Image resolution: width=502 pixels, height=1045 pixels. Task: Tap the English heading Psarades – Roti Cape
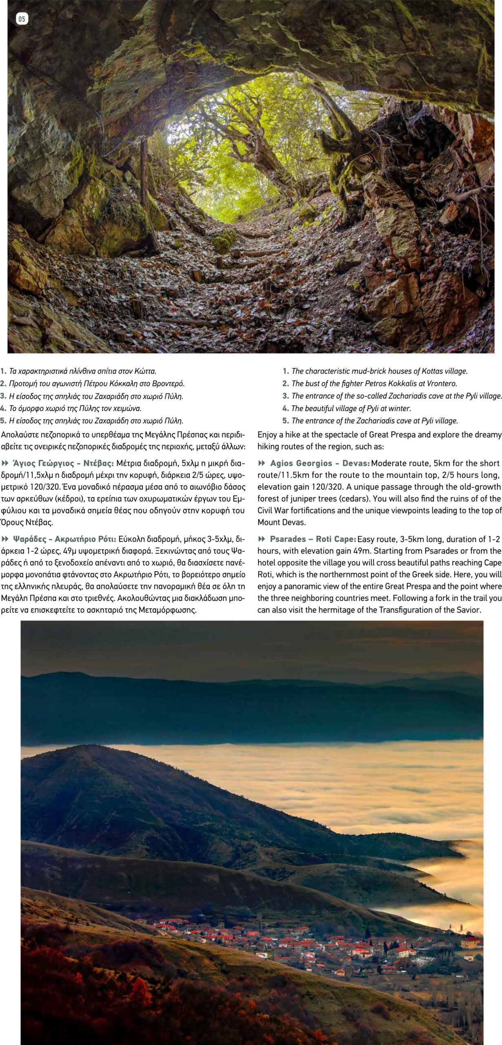click(x=313, y=539)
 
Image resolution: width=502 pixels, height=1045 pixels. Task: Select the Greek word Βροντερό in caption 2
click(x=169, y=383)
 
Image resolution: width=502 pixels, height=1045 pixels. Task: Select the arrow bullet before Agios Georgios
click(x=262, y=463)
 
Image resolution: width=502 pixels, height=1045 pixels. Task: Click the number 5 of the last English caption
click(x=286, y=420)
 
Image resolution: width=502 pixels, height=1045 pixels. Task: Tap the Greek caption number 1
click(x=3, y=371)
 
